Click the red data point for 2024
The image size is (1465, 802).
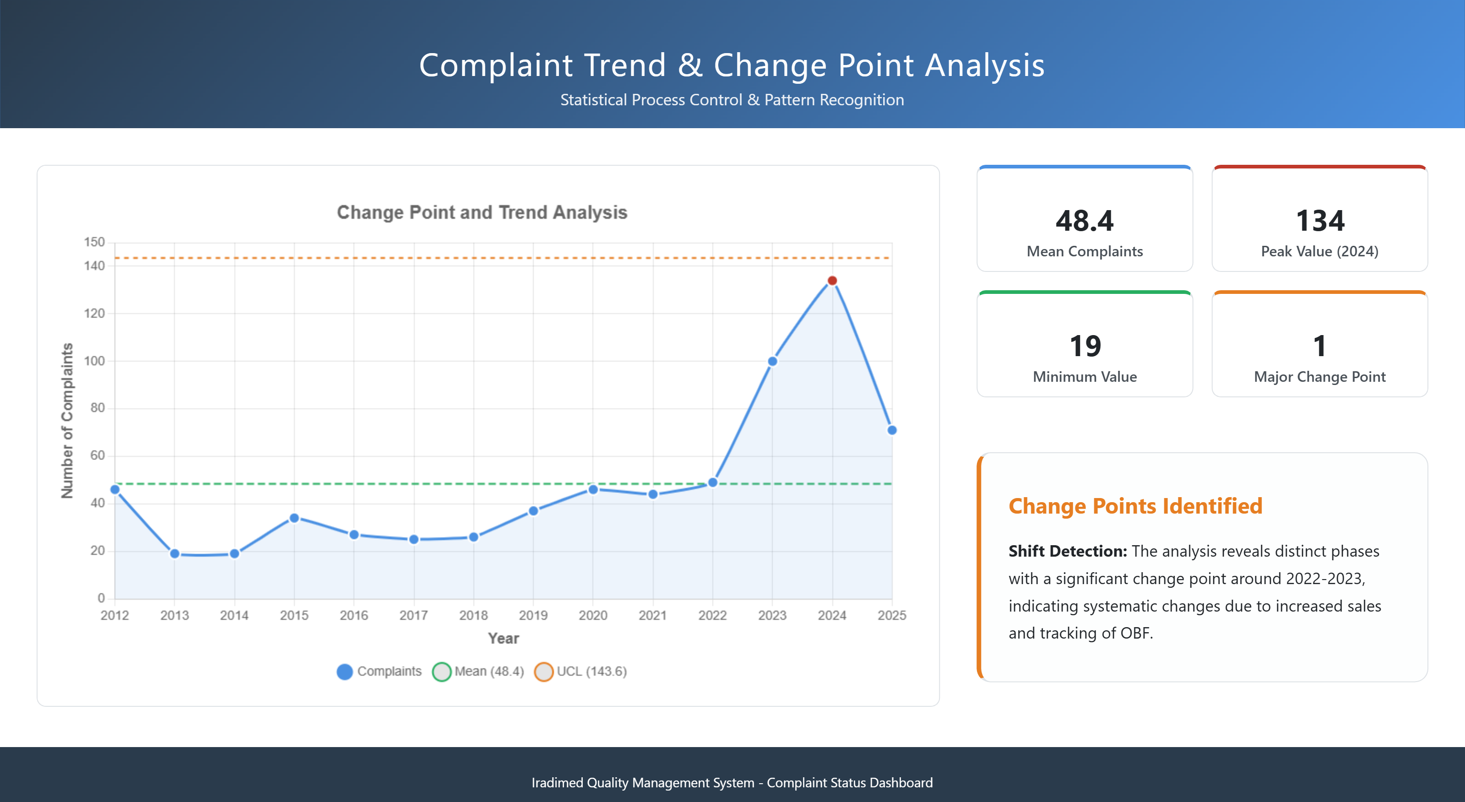pos(832,281)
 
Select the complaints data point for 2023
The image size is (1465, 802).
pos(772,361)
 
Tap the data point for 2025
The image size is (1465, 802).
pos(892,430)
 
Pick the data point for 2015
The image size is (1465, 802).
pos(294,518)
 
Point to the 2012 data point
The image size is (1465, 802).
pos(115,489)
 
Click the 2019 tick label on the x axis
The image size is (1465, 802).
pos(533,615)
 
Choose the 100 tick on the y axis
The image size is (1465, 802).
pos(94,361)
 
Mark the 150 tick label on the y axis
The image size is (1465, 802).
pos(94,242)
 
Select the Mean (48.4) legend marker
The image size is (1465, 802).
pos(441,671)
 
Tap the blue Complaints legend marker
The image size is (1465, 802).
pos(345,671)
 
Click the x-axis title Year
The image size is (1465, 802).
pos(503,638)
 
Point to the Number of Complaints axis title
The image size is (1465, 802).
pos(67,421)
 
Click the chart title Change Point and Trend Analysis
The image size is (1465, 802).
pos(482,212)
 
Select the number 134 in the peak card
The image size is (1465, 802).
pos(1319,221)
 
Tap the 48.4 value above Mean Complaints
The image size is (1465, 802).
pos(1085,221)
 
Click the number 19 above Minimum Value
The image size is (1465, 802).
pos(1085,346)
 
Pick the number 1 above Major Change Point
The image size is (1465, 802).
pos(1319,346)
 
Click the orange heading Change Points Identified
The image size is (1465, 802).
pos(1135,506)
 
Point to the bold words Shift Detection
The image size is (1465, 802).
pos(1067,551)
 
